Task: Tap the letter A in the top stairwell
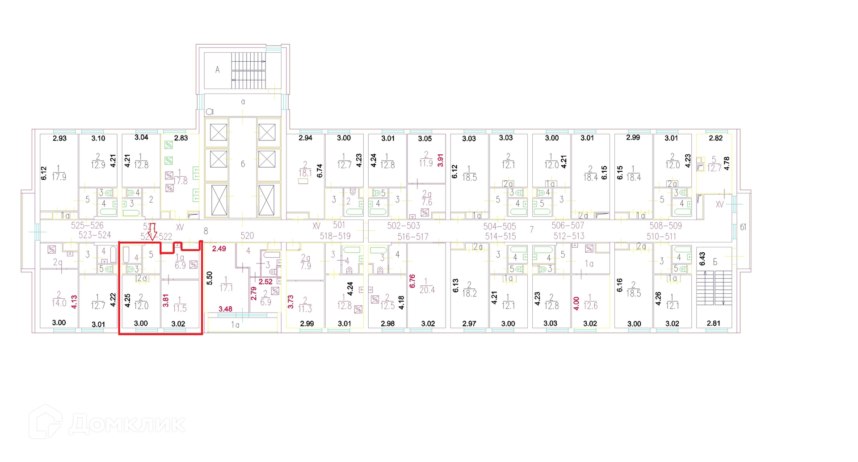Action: pos(218,70)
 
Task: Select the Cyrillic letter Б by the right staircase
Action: pos(715,262)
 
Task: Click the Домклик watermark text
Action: pos(127,424)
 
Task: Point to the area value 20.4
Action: pos(427,290)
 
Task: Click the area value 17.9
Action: pos(59,177)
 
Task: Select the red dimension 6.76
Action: pos(412,281)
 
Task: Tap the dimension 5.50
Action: pos(210,278)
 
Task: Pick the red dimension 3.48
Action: pos(225,309)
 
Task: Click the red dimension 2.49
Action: pos(219,249)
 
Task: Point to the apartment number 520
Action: pos(247,236)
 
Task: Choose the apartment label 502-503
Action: pos(404,226)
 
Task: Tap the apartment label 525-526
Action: pos(87,226)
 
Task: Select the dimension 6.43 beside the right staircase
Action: pos(702,259)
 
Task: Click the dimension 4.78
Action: pos(727,163)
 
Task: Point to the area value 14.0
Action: pos(59,303)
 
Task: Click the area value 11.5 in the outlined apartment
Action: pos(180,308)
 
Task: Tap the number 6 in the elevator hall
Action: pos(243,164)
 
